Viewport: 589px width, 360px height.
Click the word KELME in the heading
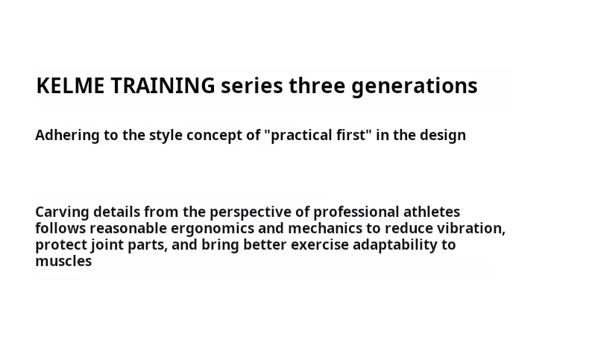click(x=70, y=85)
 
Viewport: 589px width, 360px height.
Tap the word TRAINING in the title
click(x=163, y=85)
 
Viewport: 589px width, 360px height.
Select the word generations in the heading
click(x=415, y=86)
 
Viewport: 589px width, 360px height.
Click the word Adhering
click(x=67, y=136)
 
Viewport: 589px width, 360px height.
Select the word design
click(x=443, y=136)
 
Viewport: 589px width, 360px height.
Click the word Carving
click(x=62, y=212)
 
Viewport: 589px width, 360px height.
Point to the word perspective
click(x=251, y=212)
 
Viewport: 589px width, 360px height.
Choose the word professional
click(x=356, y=212)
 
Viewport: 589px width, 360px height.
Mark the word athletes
click(x=432, y=212)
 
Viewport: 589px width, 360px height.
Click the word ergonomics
click(x=212, y=229)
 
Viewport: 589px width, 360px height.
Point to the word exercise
click(x=320, y=245)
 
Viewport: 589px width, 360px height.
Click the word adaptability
click(x=394, y=245)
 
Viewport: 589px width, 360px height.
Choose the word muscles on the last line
click(x=63, y=262)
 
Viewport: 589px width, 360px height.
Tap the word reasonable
click(x=128, y=229)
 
